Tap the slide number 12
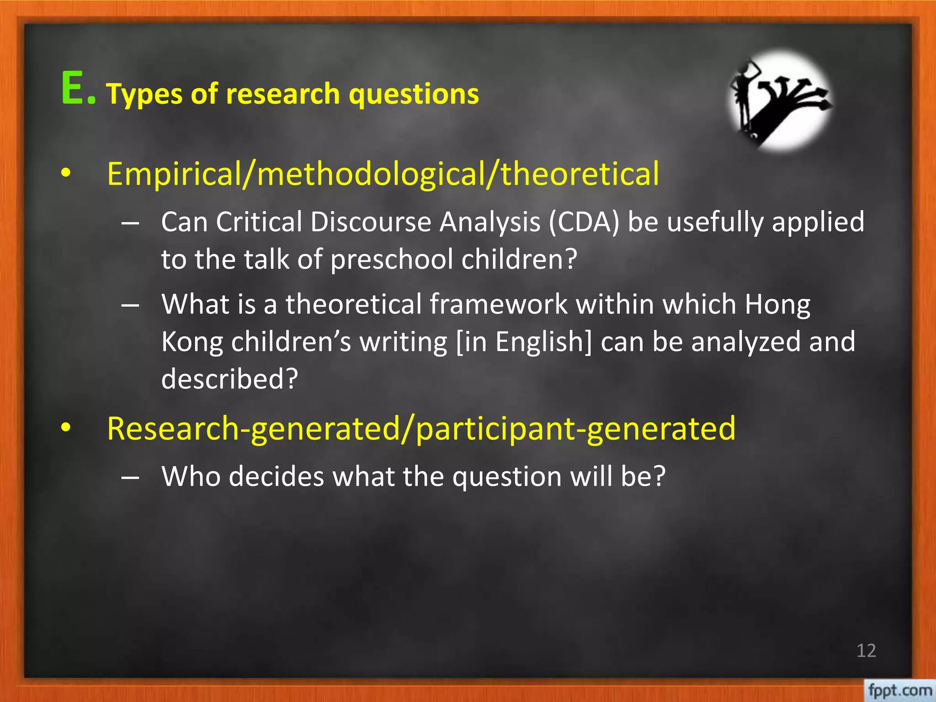tap(866, 650)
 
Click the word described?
tap(229, 379)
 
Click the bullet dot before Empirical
tap(66, 174)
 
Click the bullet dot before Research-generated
tap(66, 428)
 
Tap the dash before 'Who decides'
tap(131, 477)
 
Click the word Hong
tap(777, 305)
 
